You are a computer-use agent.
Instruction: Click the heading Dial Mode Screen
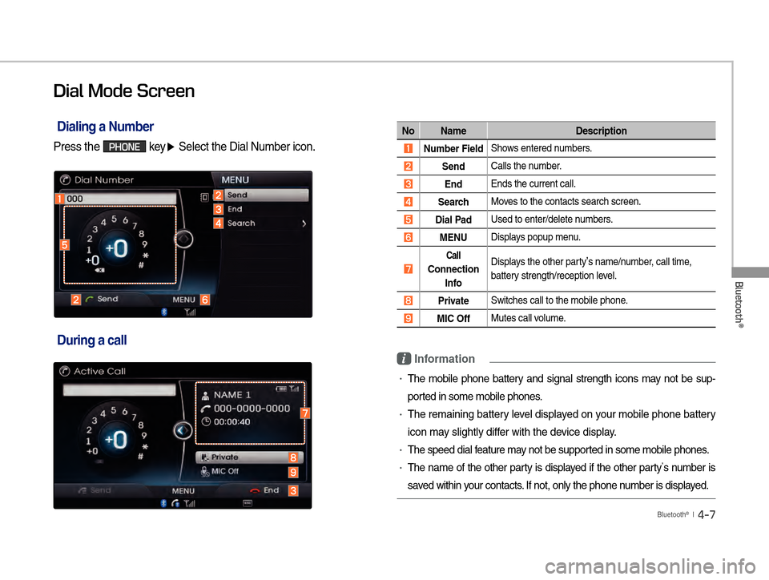pyautogui.click(x=124, y=91)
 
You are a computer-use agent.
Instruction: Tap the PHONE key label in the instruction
pyautogui.click(x=124, y=147)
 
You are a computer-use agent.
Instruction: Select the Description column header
pyautogui.click(x=602, y=131)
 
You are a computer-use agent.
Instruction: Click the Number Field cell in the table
pyautogui.click(x=453, y=148)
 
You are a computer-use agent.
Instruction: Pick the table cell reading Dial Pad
pyautogui.click(x=453, y=220)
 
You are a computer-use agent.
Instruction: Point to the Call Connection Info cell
pyautogui.click(x=453, y=269)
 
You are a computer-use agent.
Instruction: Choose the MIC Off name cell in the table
pyautogui.click(x=453, y=319)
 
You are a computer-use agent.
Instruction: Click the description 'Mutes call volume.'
pyautogui.click(x=528, y=318)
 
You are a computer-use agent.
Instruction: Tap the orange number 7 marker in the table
pyautogui.click(x=408, y=269)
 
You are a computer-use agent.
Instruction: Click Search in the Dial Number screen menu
pyautogui.click(x=241, y=223)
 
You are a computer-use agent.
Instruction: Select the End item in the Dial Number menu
pyautogui.click(x=235, y=209)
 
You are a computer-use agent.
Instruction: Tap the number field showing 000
pyautogui.click(x=121, y=199)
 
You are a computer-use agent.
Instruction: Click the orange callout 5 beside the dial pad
pyautogui.click(x=64, y=244)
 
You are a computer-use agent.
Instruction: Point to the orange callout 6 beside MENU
pyautogui.click(x=205, y=300)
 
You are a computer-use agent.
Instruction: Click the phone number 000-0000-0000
pyautogui.click(x=252, y=409)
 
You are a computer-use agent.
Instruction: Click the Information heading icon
pyautogui.click(x=404, y=359)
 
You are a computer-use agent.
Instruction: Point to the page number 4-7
pyautogui.click(x=707, y=514)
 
